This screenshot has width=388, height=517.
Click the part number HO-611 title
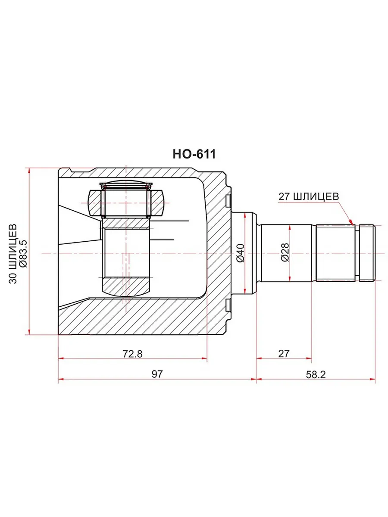pos(194,155)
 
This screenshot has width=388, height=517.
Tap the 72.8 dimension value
pos(133,354)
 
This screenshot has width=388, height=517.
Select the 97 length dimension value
pos(157,374)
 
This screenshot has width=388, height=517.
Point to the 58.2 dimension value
pos(316,374)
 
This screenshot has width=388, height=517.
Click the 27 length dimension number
pos(284,354)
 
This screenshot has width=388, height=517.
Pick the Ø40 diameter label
pos(241,253)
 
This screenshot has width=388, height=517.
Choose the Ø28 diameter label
pos(285,252)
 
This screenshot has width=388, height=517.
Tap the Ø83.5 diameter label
pos(24,253)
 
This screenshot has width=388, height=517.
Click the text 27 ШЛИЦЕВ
pos(309,196)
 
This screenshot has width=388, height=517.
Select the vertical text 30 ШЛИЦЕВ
pos(13,253)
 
